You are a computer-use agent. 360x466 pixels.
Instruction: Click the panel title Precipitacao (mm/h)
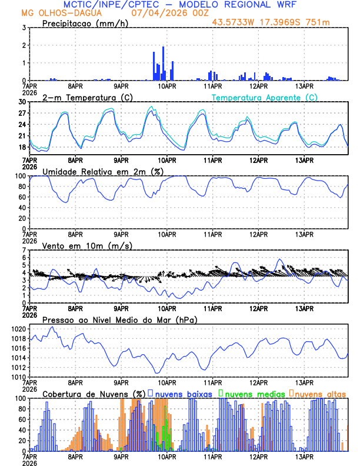(x=85, y=23)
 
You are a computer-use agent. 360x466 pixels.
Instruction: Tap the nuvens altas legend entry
(x=320, y=394)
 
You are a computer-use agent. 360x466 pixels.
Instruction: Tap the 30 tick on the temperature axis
(x=23, y=102)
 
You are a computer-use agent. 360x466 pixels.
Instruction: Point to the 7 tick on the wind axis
(x=25, y=250)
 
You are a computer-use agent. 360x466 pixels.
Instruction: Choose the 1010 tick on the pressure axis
(x=19, y=377)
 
